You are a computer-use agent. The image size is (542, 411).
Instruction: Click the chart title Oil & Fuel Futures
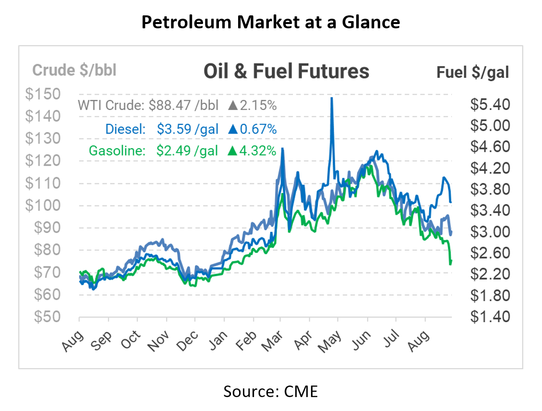(286, 72)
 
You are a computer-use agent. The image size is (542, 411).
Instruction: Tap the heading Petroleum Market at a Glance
(271, 22)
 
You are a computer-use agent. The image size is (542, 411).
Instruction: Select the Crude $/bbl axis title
(74, 70)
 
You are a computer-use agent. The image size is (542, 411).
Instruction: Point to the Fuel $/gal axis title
(472, 72)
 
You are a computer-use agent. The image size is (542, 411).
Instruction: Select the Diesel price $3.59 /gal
(188, 129)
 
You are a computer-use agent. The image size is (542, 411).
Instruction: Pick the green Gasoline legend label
(117, 151)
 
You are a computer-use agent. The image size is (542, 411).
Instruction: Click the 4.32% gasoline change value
(258, 151)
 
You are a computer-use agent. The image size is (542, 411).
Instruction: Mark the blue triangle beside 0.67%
(233, 129)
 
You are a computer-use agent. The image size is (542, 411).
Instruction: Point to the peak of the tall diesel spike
(331, 99)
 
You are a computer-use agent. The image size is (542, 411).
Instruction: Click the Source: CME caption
(270, 391)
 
